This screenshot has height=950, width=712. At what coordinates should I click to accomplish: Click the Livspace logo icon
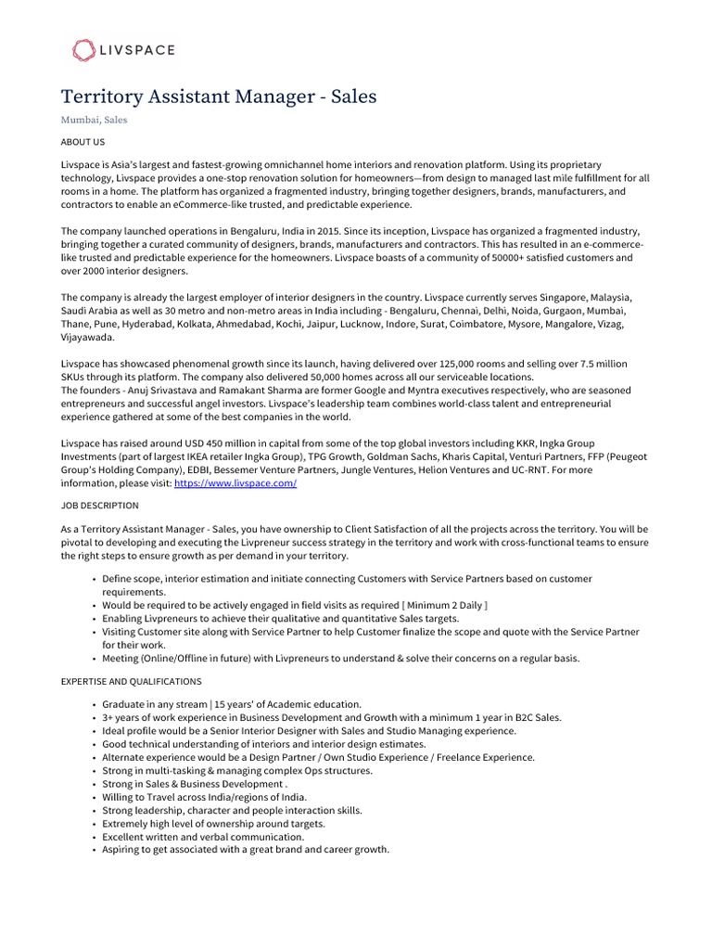(83, 50)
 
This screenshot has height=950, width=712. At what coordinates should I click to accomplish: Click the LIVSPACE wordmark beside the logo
(138, 50)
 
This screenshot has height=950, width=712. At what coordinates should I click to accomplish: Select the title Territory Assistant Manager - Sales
(219, 96)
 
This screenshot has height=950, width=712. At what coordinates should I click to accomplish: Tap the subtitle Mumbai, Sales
(94, 120)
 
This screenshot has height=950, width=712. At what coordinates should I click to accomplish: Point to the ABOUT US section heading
(83, 142)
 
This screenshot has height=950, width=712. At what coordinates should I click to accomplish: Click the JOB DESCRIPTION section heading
(99, 506)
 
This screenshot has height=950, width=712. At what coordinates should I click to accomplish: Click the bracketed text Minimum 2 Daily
(444, 605)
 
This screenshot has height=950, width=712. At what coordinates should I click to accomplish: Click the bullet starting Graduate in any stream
(232, 705)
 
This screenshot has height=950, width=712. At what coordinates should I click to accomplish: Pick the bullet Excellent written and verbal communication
(203, 836)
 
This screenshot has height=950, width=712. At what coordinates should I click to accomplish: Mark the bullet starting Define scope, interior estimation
(347, 579)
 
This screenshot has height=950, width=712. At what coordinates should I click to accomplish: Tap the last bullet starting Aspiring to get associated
(246, 849)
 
